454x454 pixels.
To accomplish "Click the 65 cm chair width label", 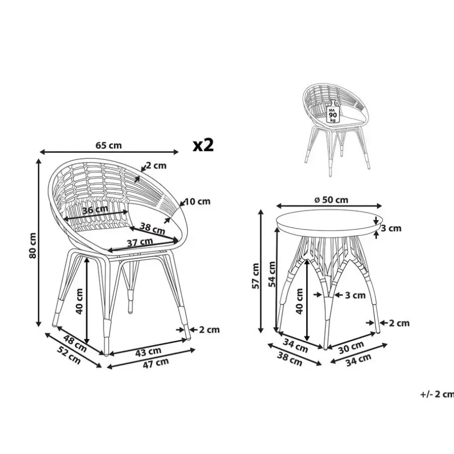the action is coord(108,145).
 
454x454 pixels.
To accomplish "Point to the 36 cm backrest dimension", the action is coord(95,209).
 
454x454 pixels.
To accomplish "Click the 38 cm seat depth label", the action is coord(152,229).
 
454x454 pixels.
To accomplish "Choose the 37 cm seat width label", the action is coord(140,242).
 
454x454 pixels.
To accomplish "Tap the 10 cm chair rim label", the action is coord(197,201).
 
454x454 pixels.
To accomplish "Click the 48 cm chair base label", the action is coord(75,343).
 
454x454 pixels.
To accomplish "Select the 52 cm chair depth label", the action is coord(69,355).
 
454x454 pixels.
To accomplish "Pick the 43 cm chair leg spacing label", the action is coord(148,352).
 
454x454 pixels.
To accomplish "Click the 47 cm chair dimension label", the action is coord(155,363).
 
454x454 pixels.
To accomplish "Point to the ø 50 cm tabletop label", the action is coord(331,200).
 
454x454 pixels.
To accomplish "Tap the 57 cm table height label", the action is coord(256,276).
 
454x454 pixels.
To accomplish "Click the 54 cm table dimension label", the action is coord(272,274).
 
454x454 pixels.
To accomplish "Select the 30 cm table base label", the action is coord(351,348).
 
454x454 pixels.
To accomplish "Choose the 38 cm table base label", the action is coord(290,359).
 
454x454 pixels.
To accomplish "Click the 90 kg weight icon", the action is coord(333,112).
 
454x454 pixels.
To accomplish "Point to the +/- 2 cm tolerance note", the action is coord(437,394).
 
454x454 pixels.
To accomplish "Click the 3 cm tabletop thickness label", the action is coord(391,228).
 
